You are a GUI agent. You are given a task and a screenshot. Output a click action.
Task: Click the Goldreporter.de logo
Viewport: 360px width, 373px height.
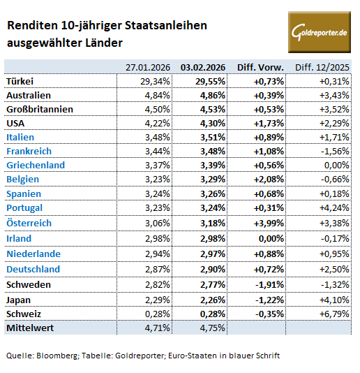tap(319, 32)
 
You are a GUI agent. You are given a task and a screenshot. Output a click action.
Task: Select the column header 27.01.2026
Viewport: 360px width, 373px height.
tap(148, 67)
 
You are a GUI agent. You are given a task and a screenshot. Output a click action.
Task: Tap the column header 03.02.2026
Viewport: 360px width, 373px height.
tap(203, 67)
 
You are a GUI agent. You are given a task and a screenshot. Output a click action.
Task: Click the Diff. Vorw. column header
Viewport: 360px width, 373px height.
tap(260, 67)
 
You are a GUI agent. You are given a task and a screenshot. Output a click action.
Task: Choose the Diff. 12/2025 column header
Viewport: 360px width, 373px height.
tap(322, 67)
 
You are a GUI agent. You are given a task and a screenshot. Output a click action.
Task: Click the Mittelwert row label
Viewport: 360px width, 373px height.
tap(30, 327)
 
